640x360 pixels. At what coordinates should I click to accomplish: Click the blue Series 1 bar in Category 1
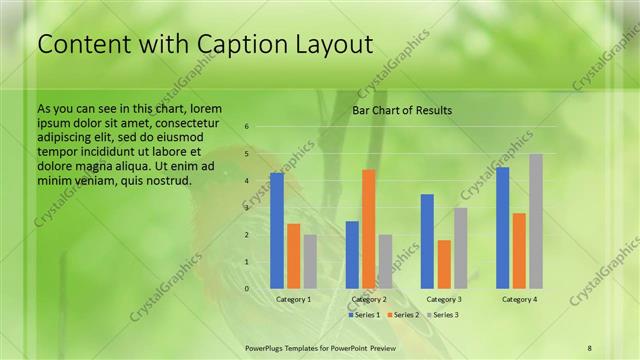(277, 230)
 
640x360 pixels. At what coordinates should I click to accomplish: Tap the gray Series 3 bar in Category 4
(536, 221)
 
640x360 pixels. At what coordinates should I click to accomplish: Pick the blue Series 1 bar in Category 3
(427, 241)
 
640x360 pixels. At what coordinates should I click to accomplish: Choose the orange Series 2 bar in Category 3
(444, 264)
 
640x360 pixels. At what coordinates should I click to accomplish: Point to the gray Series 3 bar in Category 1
(310, 261)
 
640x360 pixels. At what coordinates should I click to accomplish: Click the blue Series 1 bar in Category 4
(502, 227)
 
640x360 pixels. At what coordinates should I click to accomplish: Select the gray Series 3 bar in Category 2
(385, 261)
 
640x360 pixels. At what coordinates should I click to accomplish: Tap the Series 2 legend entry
(403, 315)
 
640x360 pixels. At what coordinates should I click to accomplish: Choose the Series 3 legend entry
(443, 315)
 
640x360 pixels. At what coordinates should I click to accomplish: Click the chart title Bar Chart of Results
(402, 110)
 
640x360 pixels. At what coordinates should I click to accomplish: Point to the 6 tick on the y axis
(247, 127)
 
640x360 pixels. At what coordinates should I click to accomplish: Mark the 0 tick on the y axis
(247, 288)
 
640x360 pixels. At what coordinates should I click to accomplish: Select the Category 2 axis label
(369, 299)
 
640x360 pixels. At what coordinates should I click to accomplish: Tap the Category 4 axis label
(519, 299)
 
